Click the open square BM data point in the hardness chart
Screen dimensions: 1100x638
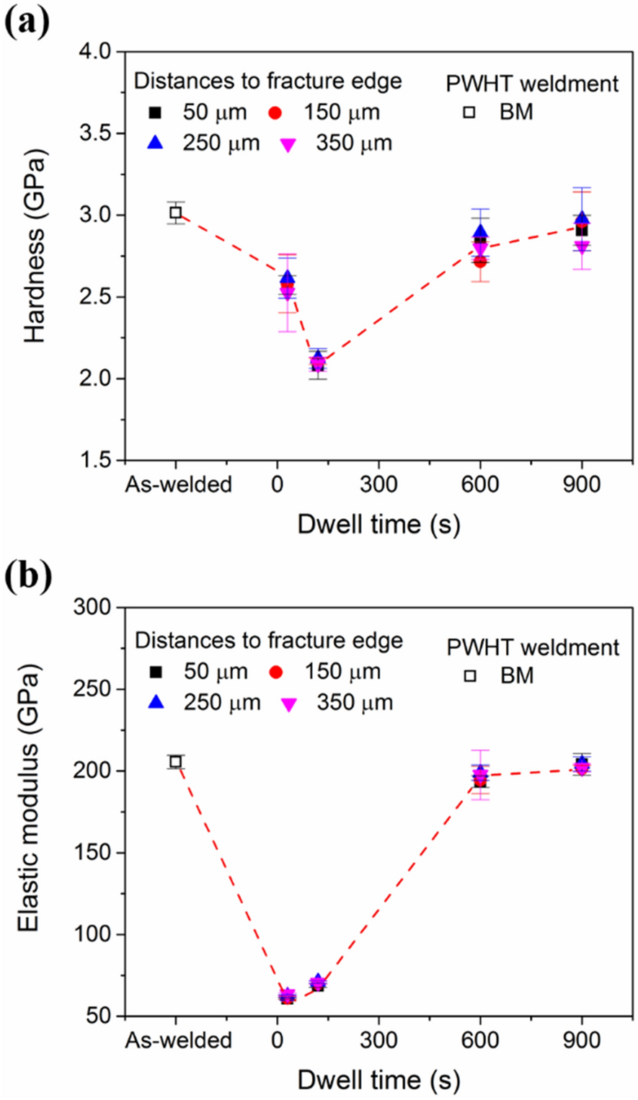point(175,213)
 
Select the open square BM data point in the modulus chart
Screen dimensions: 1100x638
point(175,762)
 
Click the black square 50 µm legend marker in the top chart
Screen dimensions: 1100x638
point(154,113)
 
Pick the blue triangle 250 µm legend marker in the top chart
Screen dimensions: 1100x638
point(154,142)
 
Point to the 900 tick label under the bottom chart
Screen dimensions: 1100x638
point(581,1040)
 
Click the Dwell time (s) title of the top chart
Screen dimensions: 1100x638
point(378,524)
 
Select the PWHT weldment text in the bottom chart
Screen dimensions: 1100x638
point(533,647)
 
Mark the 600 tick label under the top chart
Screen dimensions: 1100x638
point(479,484)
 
